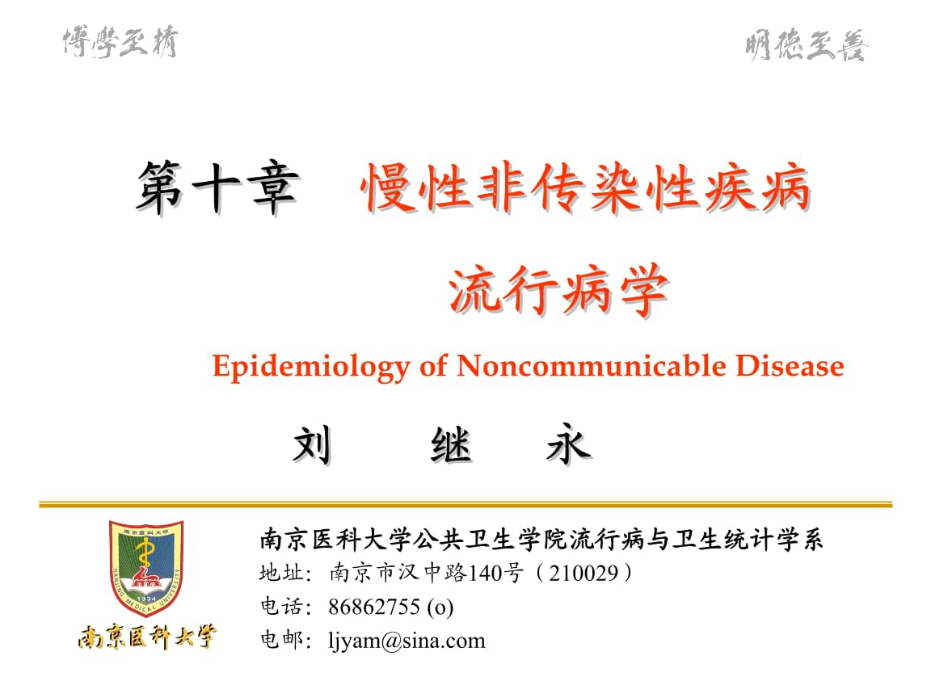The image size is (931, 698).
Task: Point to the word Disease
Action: tap(790, 367)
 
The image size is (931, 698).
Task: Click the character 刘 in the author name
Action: tap(312, 445)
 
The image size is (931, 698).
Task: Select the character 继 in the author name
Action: tap(451, 445)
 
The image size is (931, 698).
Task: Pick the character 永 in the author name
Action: tap(567, 445)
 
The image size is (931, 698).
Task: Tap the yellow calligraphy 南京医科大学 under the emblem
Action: tap(147, 637)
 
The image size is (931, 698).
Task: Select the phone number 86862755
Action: tap(374, 608)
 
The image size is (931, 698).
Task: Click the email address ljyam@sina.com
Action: tap(407, 641)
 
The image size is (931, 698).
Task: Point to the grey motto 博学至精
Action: tap(120, 41)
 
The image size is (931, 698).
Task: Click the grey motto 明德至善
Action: tap(806, 46)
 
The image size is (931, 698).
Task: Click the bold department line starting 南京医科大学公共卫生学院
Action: tap(541, 539)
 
